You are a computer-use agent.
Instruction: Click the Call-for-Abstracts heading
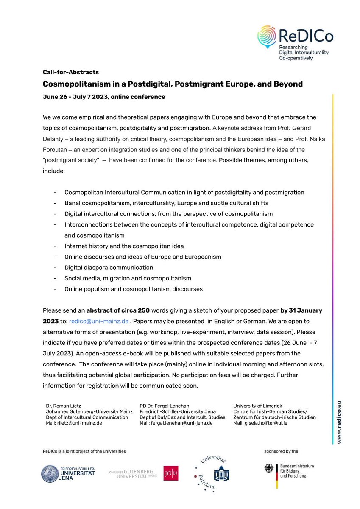tap(70, 72)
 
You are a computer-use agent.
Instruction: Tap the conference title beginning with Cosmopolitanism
tap(173, 84)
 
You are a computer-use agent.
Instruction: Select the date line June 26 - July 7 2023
tap(104, 97)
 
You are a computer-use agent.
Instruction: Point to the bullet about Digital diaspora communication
tap(109, 268)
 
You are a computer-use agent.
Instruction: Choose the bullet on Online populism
tap(133, 289)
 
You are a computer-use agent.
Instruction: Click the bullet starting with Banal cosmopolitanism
tap(166, 203)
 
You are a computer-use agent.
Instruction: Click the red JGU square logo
tap(170, 473)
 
